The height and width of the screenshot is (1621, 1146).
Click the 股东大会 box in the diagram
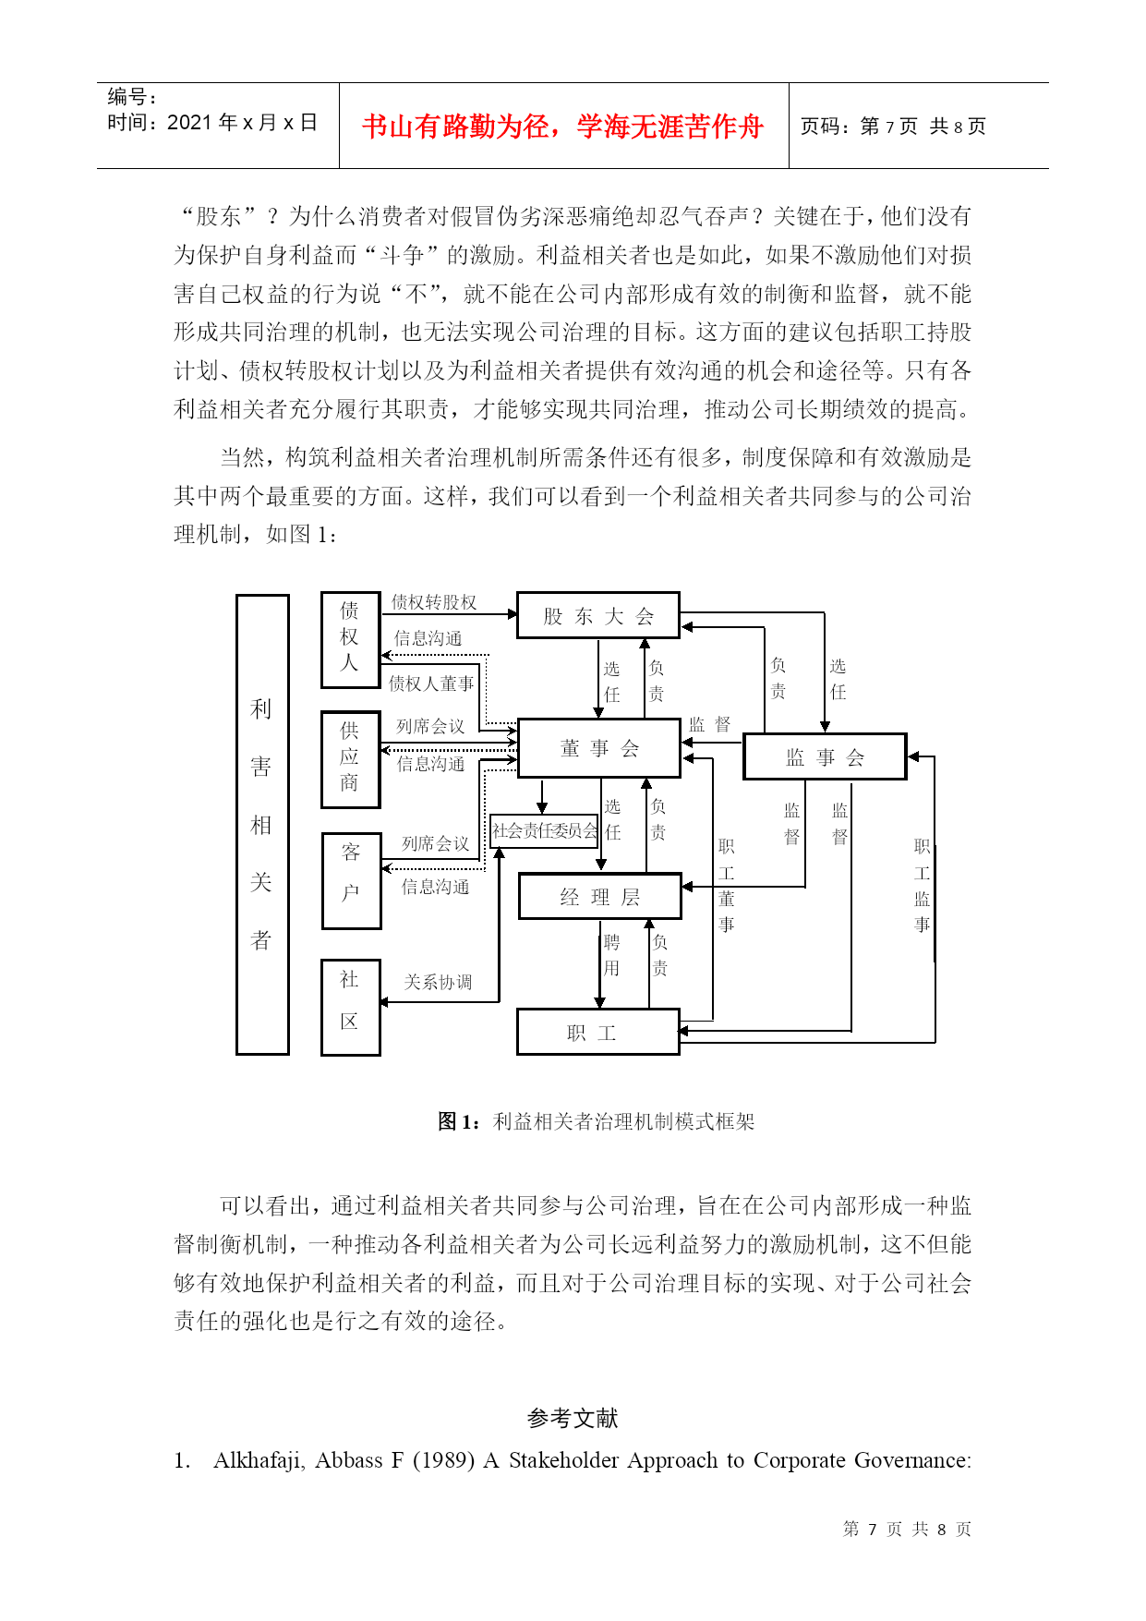coord(598,615)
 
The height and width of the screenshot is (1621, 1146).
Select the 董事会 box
coord(599,747)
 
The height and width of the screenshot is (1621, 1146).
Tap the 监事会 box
coord(825,756)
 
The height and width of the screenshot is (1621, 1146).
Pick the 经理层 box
coord(600,896)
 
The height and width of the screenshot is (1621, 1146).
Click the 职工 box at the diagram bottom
coord(598,1032)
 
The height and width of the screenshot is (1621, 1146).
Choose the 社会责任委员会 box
coord(544,830)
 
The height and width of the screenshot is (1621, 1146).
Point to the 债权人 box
coord(351,640)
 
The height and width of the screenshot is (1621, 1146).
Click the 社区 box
coord(351,1007)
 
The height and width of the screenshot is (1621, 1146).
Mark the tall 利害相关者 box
coord(262,824)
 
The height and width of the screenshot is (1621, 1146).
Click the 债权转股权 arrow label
coord(434,602)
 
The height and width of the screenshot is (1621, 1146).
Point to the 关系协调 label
coord(438,982)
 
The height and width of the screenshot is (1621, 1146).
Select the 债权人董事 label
coord(431,683)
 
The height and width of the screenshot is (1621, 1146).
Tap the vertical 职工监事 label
coord(922,886)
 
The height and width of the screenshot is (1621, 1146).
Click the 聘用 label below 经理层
coord(611,955)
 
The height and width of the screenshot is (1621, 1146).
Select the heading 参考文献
coord(573,1418)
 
